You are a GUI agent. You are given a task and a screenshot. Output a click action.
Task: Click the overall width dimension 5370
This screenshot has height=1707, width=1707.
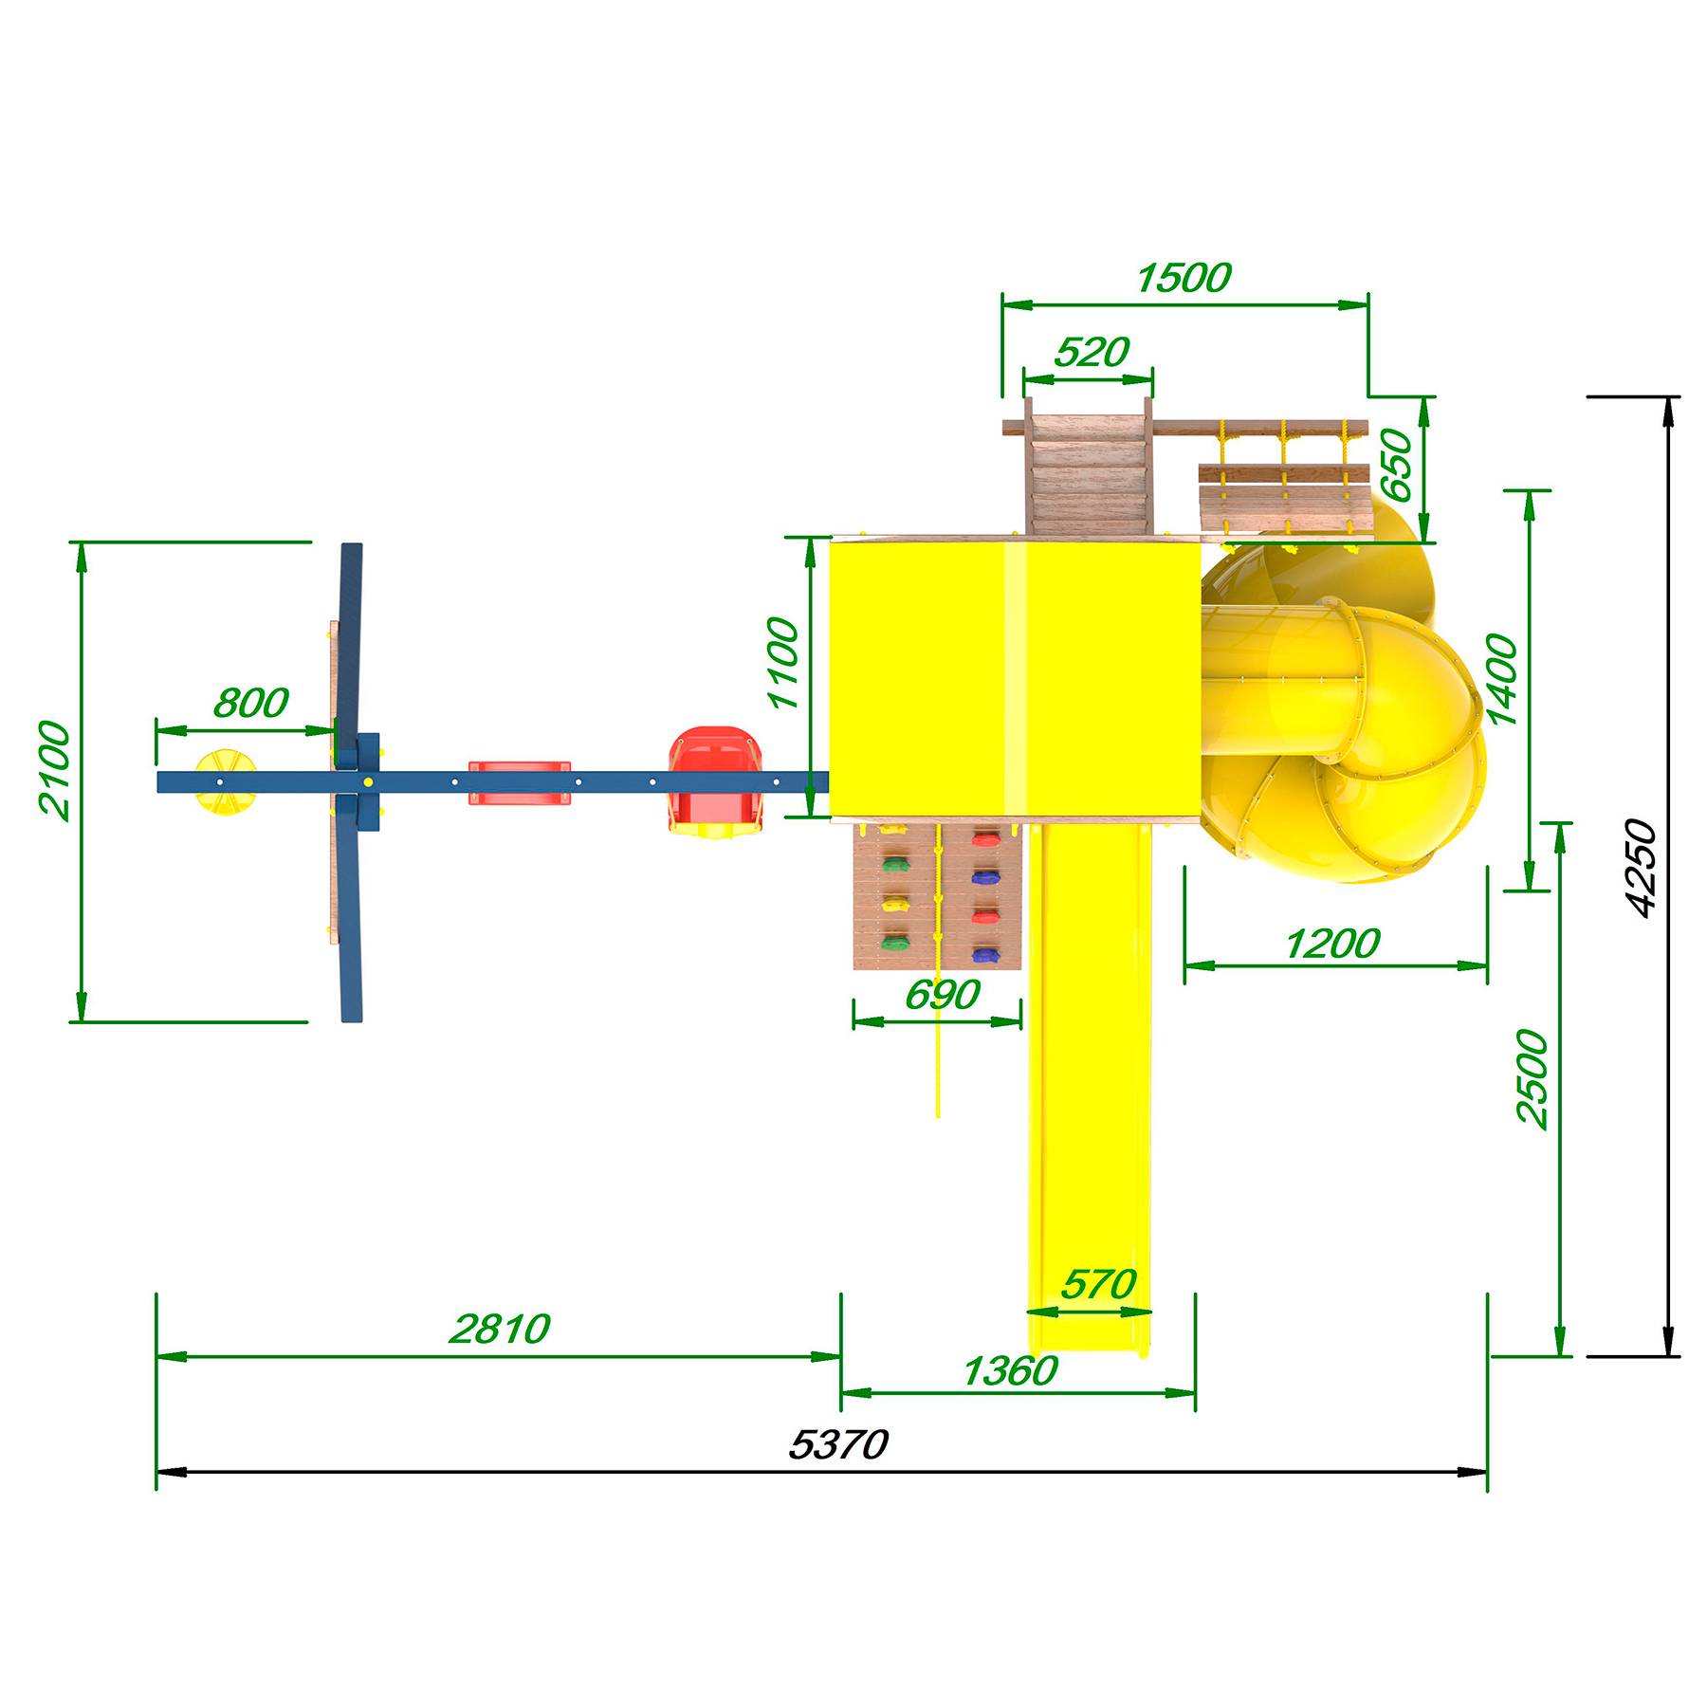coord(838,1444)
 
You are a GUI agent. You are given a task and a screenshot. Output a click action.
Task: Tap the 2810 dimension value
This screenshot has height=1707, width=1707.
coord(499,1329)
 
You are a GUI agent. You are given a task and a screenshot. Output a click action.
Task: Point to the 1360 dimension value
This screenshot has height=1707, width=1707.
coord(1009,1370)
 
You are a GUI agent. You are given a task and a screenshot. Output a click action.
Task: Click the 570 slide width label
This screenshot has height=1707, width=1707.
coord(1098,1284)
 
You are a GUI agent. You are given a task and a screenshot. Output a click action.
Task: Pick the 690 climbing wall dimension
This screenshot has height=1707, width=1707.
coord(942,994)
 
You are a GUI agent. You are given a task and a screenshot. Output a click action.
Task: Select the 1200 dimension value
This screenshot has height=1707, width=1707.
coord(1331,944)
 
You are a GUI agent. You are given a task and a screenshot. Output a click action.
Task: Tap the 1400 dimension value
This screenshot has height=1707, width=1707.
coord(1502,679)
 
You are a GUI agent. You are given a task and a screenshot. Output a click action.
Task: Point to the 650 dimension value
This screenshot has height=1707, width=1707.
coord(1396,465)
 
